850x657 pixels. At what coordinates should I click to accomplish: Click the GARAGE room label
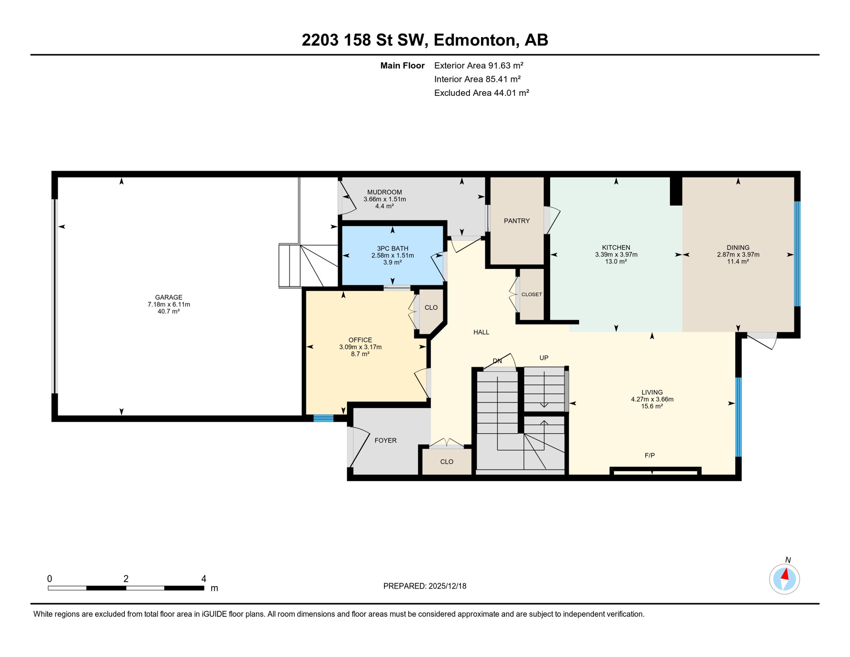point(168,297)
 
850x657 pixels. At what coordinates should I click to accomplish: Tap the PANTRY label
point(516,221)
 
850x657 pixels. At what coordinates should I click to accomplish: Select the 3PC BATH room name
point(392,249)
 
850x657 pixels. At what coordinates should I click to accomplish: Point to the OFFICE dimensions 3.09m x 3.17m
point(360,347)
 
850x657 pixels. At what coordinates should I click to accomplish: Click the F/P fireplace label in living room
point(649,456)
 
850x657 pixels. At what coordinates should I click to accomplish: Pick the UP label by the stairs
point(543,358)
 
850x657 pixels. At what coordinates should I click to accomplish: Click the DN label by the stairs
point(497,361)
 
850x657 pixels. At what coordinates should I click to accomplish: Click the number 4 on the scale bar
point(204,579)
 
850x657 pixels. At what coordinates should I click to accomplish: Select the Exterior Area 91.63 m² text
point(478,65)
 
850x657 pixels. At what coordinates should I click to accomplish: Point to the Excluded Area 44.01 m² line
point(481,93)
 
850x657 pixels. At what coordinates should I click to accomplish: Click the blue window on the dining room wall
point(797,254)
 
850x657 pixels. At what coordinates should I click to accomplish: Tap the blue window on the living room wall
point(738,417)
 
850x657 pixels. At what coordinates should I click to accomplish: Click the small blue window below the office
point(323,418)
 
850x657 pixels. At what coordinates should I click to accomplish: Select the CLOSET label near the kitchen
point(531,294)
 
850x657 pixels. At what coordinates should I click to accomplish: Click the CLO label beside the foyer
point(446,462)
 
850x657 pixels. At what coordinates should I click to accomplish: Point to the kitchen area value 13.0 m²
point(616,261)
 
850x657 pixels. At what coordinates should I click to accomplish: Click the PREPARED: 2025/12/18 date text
point(425,586)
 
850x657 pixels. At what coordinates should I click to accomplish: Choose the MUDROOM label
point(384,192)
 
